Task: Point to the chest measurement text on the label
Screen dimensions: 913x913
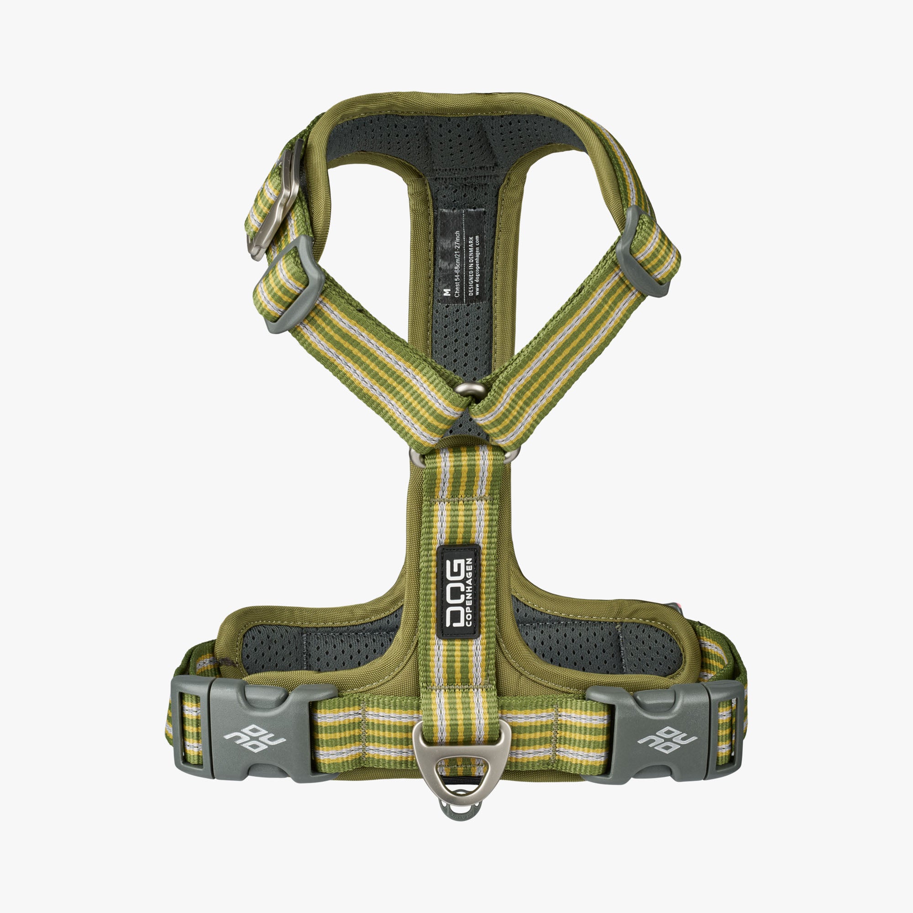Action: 457,264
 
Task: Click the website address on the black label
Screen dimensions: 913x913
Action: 478,265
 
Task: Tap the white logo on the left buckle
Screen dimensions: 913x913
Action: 254,739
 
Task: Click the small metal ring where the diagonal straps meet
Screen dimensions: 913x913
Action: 470,389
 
